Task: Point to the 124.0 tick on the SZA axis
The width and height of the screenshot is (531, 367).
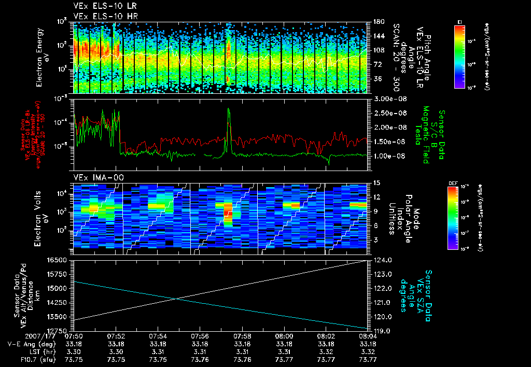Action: point(382,260)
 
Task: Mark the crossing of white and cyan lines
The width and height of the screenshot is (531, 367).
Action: point(178,298)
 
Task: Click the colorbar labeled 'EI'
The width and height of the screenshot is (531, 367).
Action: point(459,54)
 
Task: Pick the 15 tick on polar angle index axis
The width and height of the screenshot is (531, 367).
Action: point(376,183)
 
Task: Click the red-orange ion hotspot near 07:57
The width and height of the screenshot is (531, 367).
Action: point(227,211)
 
